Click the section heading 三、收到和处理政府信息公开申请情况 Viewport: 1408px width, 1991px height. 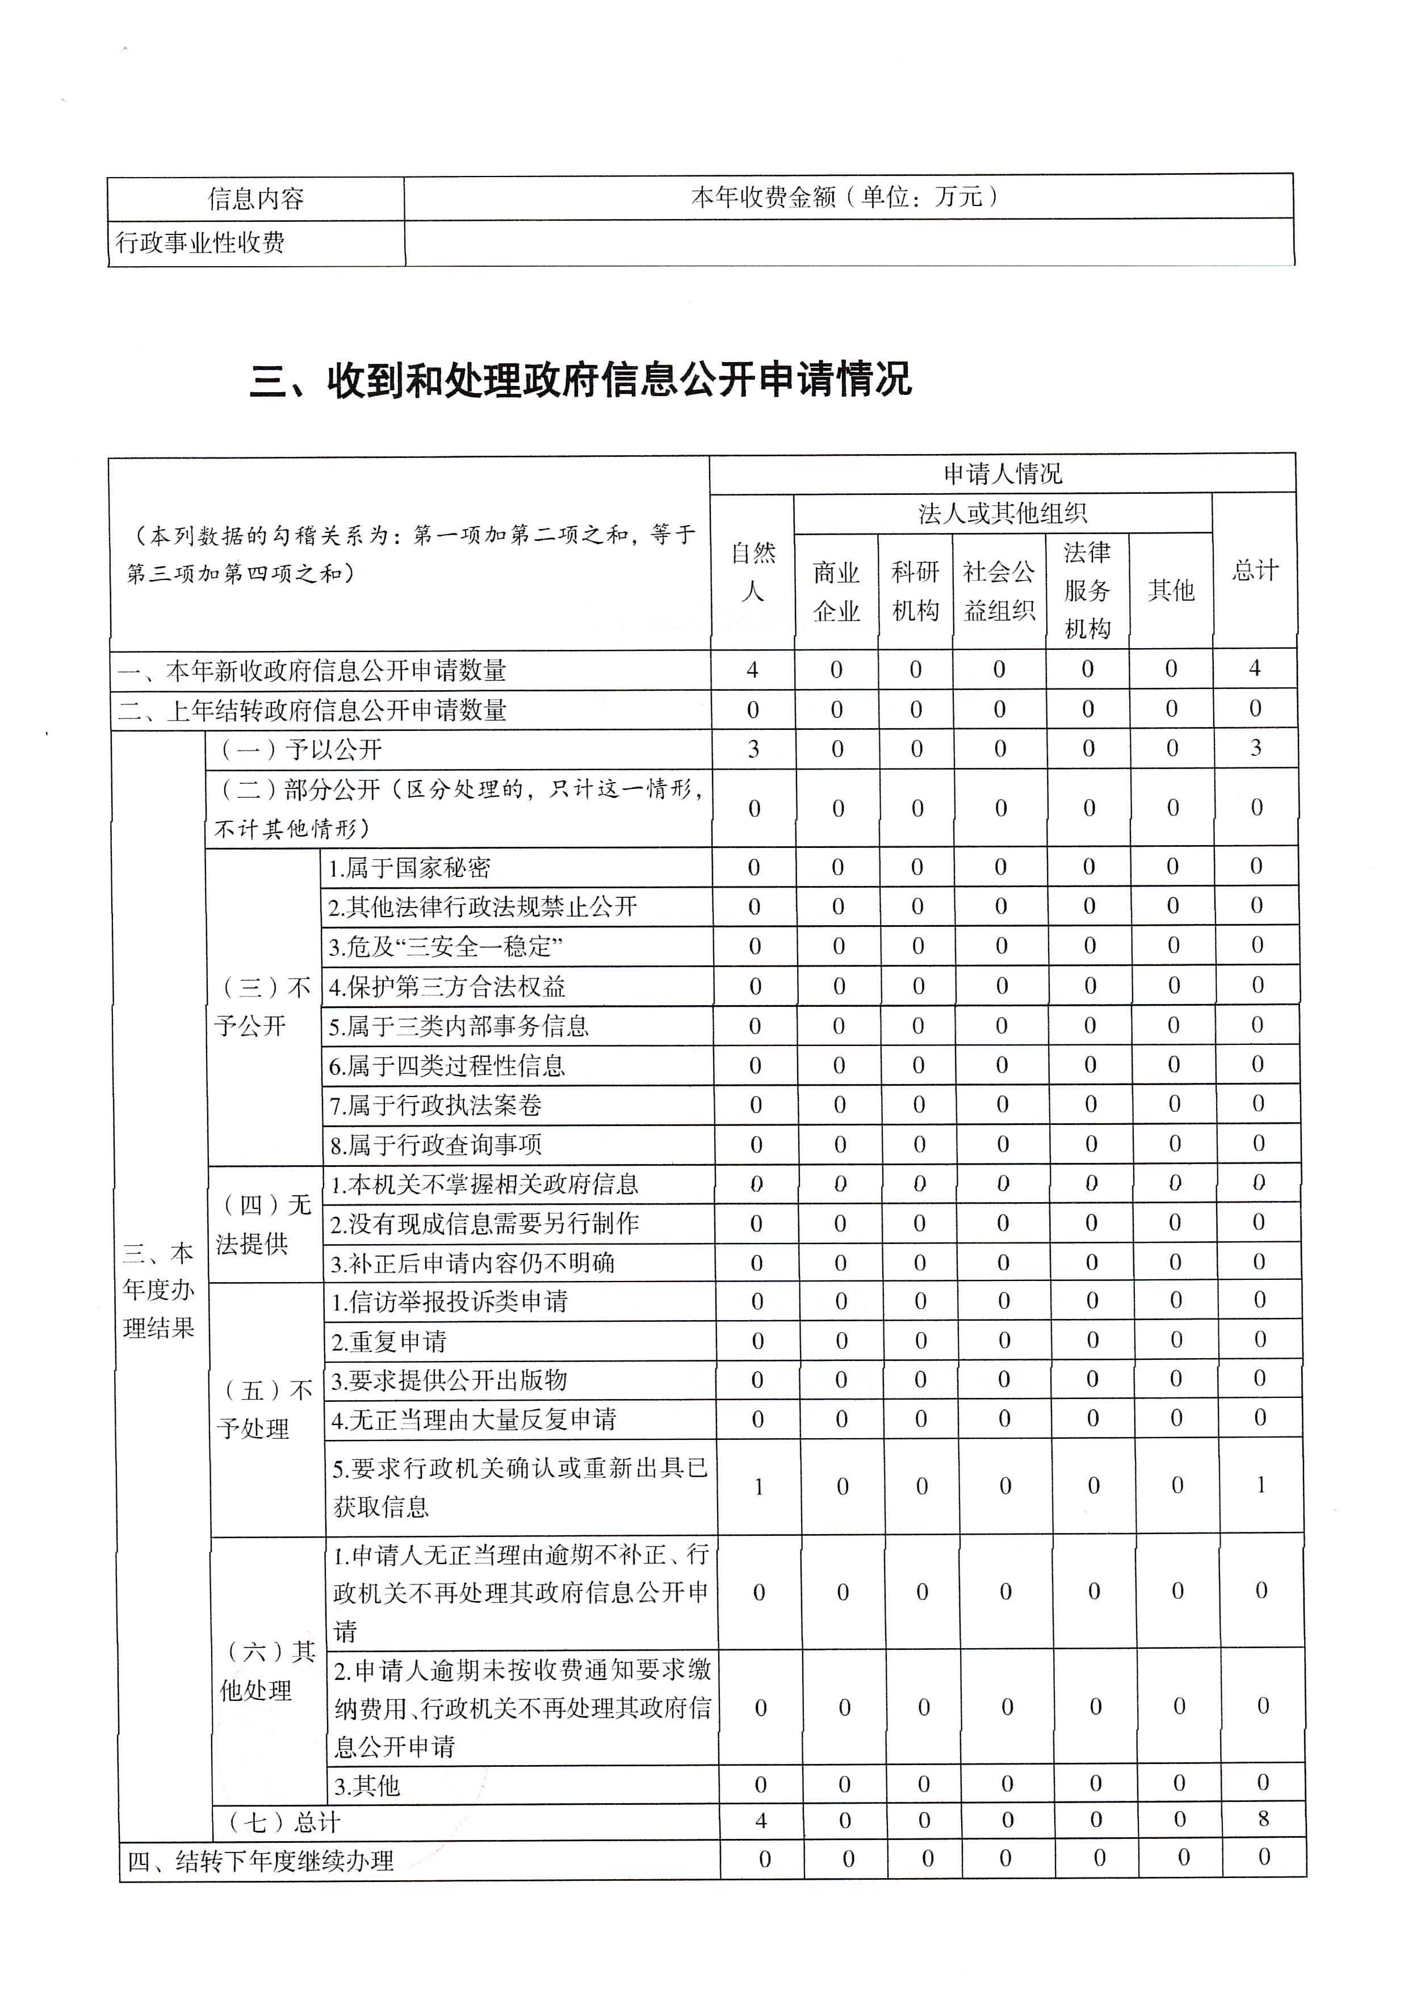[580, 380]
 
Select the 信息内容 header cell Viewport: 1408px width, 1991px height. [256, 199]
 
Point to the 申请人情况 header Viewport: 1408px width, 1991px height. [1002, 473]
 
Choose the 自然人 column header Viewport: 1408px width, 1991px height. [752, 572]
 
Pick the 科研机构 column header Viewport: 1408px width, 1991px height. [915, 591]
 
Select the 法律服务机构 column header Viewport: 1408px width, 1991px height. [1087, 590]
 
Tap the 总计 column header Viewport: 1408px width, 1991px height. [1255, 570]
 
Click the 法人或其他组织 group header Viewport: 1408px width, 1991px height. [1002, 514]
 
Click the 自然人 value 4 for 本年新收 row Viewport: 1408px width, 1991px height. [752, 670]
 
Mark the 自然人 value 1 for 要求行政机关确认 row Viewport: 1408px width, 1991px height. [759, 1487]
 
